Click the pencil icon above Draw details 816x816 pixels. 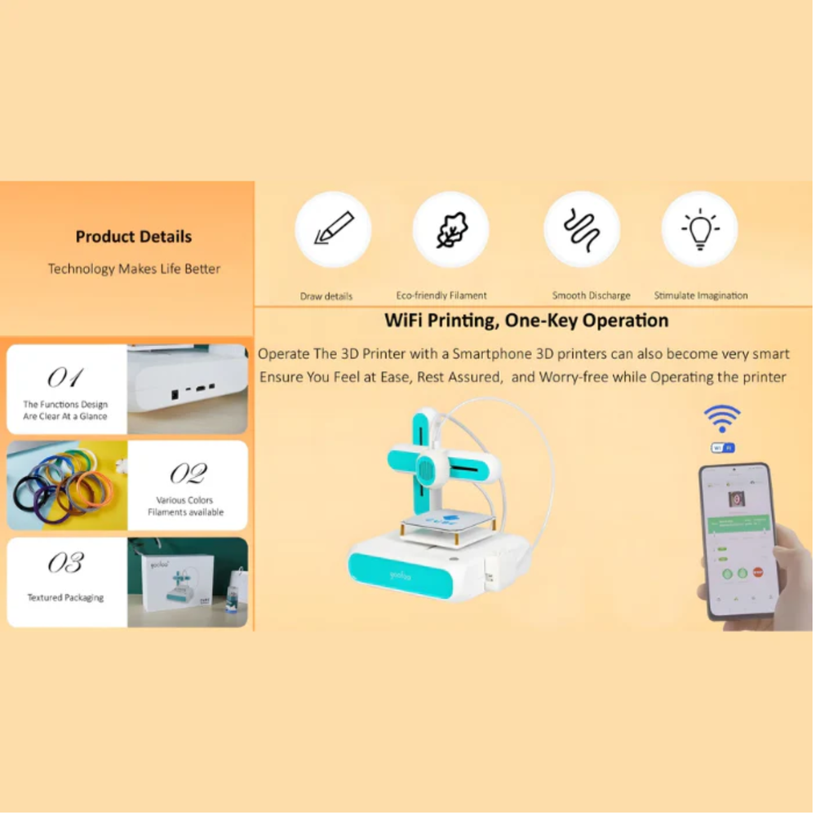[333, 229]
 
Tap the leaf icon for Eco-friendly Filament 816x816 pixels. [450, 229]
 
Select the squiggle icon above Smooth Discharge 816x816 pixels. [582, 229]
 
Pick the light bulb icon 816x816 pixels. [699, 229]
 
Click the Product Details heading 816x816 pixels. [134, 237]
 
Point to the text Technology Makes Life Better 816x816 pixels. [134, 268]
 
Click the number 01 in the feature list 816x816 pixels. [64, 377]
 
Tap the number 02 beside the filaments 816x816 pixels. [187, 473]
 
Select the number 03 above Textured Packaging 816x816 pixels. [65, 562]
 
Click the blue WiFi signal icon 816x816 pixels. [722, 419]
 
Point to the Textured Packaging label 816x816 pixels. [65, 597]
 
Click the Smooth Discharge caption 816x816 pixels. [591, 295]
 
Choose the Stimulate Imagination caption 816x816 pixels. [700, 295]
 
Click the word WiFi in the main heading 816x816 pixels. [407, 321]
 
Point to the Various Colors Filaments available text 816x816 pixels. [185, 506]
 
